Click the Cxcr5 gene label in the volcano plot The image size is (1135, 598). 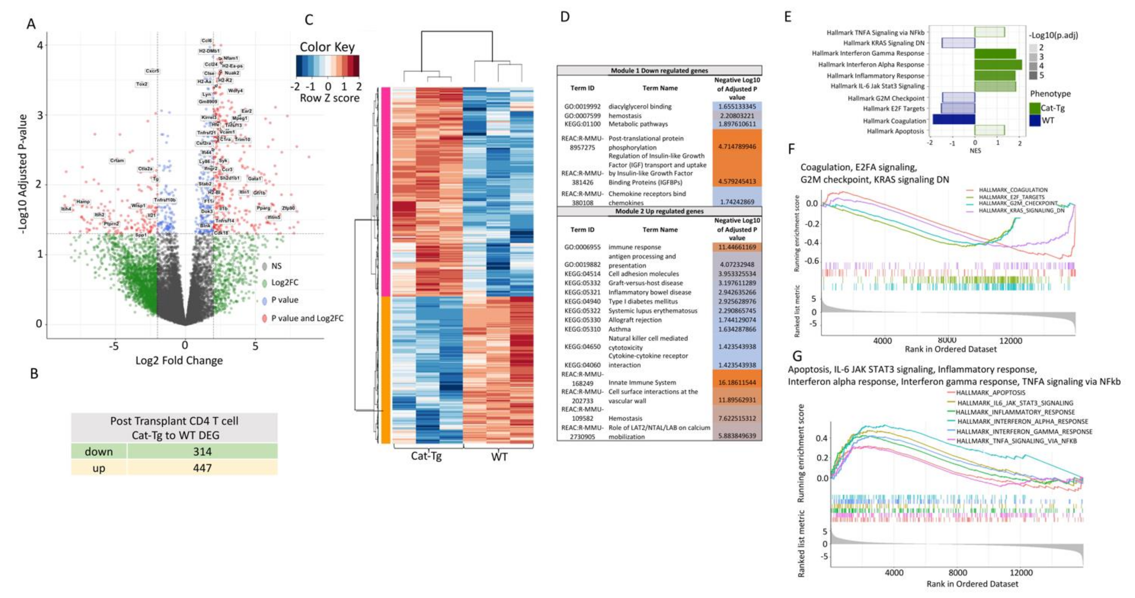click(153, 71)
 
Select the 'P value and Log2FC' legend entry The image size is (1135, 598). click(307, 318)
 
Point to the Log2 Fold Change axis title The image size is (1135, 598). click(179, 361)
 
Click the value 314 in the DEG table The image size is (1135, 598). click(202, 452)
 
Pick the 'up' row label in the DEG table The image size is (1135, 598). click(99, 468)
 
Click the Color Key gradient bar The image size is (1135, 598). click(327, 66)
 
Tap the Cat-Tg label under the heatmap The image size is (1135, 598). click(426, 456)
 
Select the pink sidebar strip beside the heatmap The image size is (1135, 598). click(386, 192)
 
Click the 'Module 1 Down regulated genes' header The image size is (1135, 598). click(659, 71)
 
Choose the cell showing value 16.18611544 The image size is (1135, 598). click(737, 382)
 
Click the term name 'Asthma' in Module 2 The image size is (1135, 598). click(620, 329)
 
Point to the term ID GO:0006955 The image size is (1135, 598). click(582, 247)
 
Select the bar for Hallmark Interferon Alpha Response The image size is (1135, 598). click(998, 64)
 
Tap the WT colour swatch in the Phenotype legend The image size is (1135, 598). click(1035, 120)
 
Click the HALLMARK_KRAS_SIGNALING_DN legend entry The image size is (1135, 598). click(1021, 211)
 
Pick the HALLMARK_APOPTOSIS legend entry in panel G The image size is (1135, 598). click(991, 393)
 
